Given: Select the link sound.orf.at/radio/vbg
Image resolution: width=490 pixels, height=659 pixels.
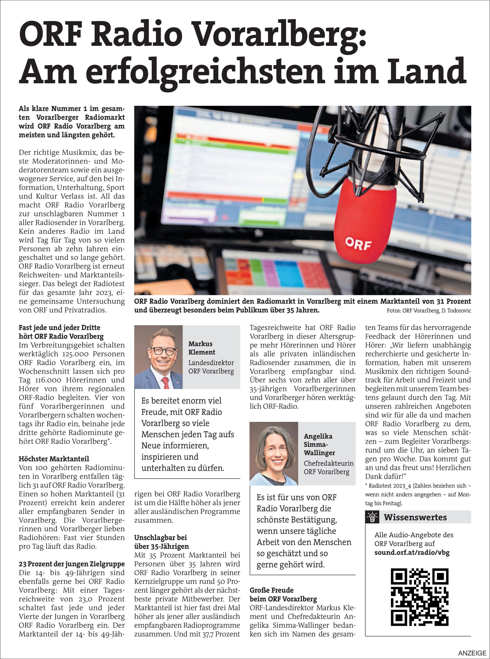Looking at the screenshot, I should (x=412, y=553).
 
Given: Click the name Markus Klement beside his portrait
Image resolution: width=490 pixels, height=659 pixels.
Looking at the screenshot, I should (x=202, y=348).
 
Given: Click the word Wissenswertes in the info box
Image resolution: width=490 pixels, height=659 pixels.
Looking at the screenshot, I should (x=415, y=517).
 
